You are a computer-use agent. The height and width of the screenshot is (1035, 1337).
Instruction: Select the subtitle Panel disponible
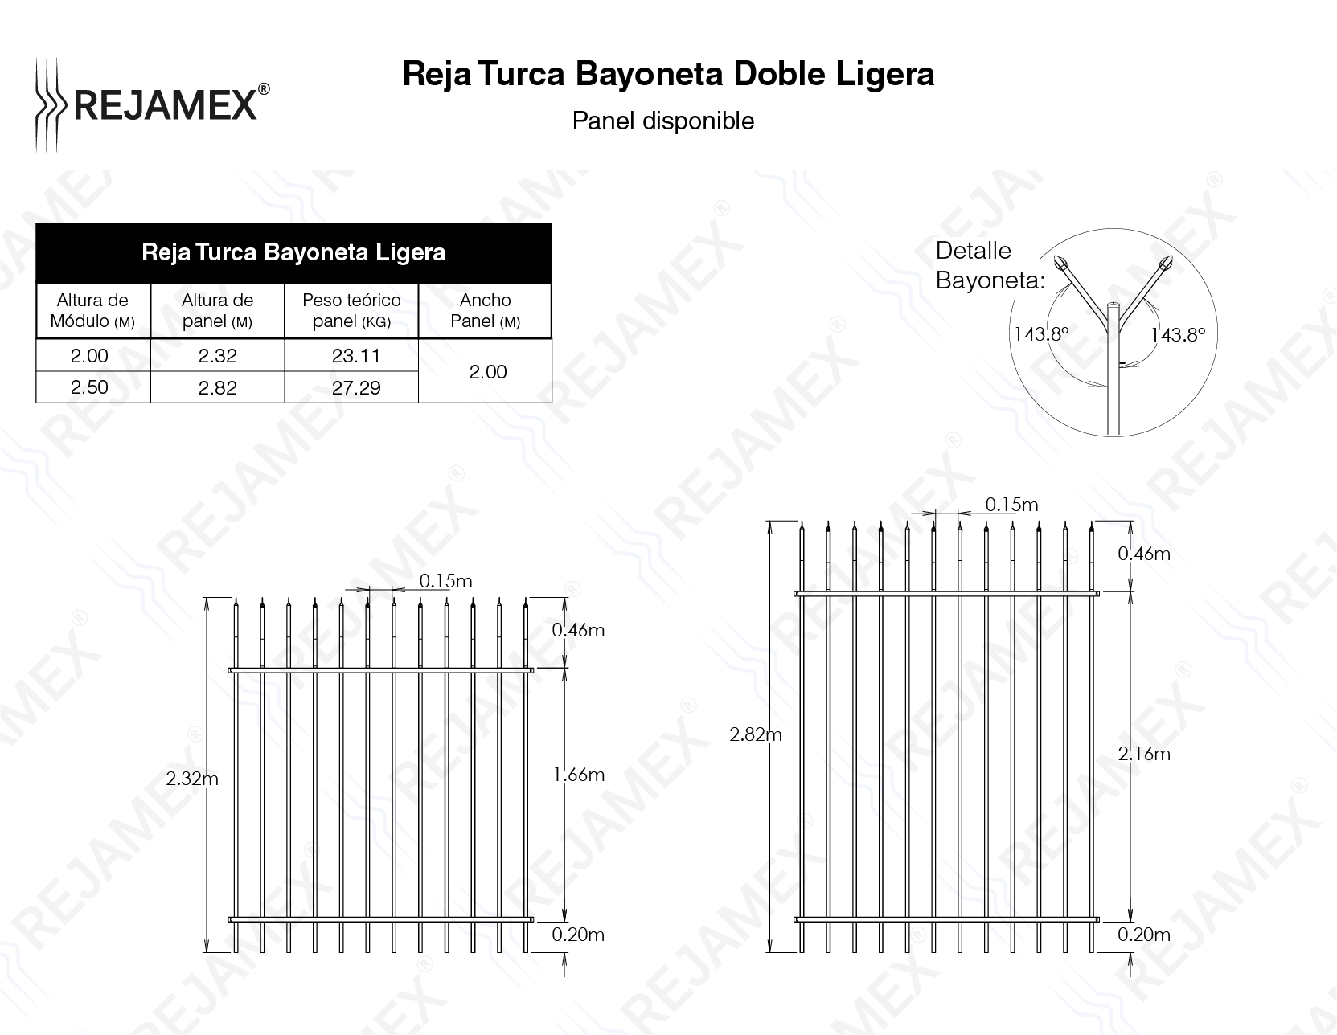point(662,121)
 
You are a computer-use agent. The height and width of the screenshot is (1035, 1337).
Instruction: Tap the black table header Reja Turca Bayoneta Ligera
point(293,253)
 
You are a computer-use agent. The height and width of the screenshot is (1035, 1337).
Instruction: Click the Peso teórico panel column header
point(351,310)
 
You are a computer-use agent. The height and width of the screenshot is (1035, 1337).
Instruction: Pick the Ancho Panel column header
point(485,310)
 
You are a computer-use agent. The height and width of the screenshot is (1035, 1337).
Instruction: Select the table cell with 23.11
point(355,356)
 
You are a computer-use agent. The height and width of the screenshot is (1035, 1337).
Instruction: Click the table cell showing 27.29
point(355,388)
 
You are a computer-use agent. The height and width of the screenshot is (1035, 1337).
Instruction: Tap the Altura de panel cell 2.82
point(217,388)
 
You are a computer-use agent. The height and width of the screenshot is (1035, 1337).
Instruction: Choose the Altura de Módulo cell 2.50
point(89,387)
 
